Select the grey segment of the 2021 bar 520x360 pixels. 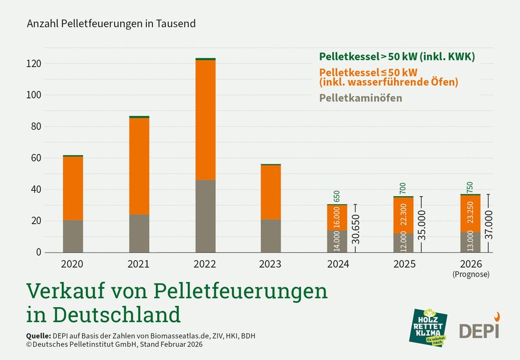coord(139,233)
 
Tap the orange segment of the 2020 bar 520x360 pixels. coord(73,188)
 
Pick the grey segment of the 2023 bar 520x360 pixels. coord(271,236)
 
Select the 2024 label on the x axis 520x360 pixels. coord(337,263)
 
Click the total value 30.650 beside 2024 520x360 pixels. coord(356,228)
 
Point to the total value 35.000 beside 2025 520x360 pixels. coord(422,226)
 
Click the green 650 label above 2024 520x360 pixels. coord(337,196)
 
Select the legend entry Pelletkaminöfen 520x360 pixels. coord(360,98)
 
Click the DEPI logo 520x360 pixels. coord(479,328)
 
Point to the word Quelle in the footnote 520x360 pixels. coord(38,335)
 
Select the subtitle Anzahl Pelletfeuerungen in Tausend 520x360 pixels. coord(112,24)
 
